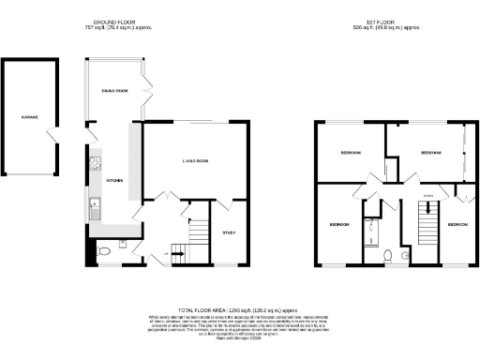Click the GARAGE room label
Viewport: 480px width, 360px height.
point(30,117)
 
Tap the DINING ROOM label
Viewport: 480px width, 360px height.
point(114,90)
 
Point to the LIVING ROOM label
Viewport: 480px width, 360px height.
point(196,161)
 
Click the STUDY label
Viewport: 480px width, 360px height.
point(229,232)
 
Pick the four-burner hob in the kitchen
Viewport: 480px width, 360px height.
point(95,165)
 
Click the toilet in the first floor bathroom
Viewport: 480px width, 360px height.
point(388,254)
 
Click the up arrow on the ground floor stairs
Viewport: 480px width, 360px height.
point(168,254)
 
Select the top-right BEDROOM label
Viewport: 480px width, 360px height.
point(430,152)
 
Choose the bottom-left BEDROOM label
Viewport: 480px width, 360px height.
point(338,225)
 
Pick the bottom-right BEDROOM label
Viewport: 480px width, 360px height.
point(457,225)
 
